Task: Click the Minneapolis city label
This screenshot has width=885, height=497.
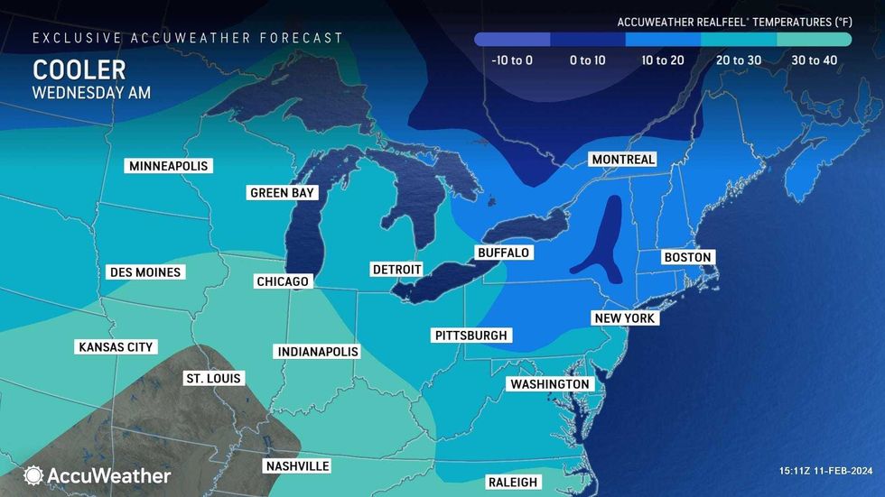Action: point(169,166)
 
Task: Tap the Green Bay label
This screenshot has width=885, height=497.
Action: point(282,192)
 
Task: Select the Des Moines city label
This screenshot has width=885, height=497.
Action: point(144,272)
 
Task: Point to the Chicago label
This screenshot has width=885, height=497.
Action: point(283,281)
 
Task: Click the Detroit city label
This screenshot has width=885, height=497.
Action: point(396,270)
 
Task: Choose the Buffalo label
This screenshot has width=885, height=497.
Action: point(504,253)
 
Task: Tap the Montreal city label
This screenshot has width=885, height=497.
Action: point(622,160)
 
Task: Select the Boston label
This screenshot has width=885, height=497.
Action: point(687,257)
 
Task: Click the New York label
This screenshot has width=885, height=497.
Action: point(624,318)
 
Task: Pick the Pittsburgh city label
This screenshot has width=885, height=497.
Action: point(471,335)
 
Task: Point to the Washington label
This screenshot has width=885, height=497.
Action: point(549,384)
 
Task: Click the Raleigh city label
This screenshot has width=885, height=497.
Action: point(512,482)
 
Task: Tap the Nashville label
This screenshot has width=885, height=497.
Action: point(296,466)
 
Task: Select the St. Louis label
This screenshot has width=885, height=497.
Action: point(212,378)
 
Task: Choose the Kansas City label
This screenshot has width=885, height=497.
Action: point(116,346)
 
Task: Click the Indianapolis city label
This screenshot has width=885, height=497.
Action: point(318,351)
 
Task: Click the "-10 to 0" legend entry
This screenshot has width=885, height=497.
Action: point(512,60)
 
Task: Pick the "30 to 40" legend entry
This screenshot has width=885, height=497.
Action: point(814,60)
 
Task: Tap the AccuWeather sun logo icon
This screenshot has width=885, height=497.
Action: point(33,475)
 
